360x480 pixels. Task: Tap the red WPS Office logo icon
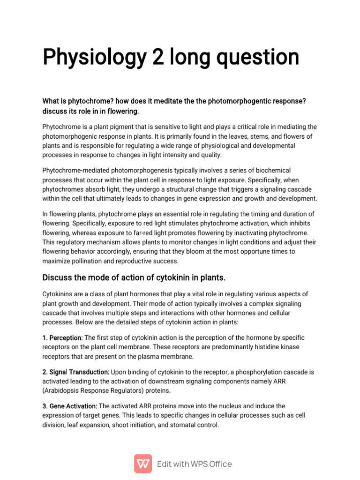click(x=143, y=464)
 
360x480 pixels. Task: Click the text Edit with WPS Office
click(x=195, y=464)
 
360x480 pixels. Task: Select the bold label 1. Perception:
click(x=62, y=337)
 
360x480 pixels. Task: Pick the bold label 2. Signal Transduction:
click(x=76, y=372)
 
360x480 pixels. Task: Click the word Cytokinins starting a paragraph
click(x=59, y=294)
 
